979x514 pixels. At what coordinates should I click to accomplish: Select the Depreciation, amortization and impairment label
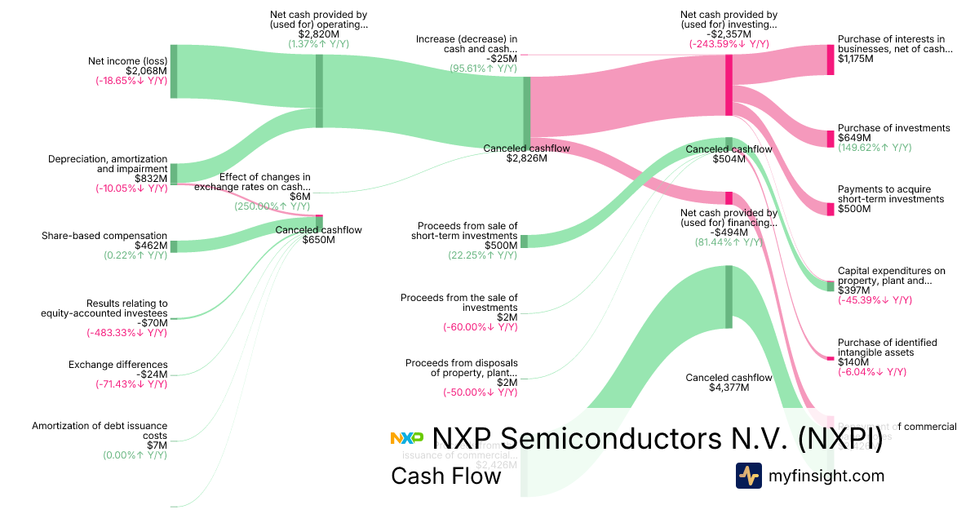[108, 164]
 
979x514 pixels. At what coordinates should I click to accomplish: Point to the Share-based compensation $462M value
[151, 246]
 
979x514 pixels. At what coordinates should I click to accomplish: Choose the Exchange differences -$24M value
[153, 374]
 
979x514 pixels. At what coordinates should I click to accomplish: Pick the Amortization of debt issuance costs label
[100, 431]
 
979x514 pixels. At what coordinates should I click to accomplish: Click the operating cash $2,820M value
[318, 34]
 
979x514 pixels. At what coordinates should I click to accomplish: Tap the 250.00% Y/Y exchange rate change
[272, 206]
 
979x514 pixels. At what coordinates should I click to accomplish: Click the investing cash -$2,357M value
[729, 34]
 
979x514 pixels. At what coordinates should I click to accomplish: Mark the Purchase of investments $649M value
[853, 138]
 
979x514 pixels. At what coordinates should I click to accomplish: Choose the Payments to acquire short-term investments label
[890, 194]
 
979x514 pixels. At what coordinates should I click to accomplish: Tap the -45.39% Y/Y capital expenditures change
[875, 300]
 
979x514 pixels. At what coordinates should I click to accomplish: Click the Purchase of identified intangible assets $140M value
[853, 361]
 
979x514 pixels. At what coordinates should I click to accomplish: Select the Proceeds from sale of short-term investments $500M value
[501, 246]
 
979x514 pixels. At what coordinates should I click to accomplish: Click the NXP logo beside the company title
[407, 438]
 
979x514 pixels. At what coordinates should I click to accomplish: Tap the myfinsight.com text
[826, 476]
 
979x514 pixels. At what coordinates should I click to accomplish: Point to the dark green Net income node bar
[174, 71]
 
